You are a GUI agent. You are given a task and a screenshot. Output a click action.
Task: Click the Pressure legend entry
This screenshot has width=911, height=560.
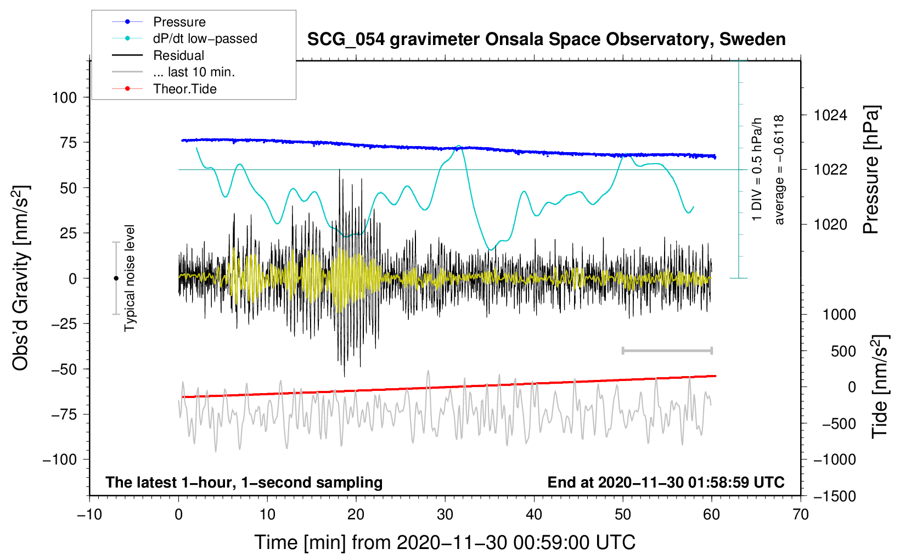tap(179, 22)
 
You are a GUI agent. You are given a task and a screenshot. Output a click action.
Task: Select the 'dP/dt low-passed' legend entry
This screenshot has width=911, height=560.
tap(205, 38)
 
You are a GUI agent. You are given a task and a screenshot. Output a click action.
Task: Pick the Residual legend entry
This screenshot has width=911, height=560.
tap(178, 55)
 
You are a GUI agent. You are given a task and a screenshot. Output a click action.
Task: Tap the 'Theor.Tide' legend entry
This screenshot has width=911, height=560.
tap(184, 89)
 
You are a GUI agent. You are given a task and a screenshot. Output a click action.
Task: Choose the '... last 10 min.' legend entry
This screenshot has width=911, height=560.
tap(194, 72)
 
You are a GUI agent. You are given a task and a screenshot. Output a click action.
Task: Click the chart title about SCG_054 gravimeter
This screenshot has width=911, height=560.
tap(546, 40)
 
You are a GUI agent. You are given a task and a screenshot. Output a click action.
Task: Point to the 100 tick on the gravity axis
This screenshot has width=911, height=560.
tap(64, 98)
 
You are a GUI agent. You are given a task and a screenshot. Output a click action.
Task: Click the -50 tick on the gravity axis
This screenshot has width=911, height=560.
tap(64, 369)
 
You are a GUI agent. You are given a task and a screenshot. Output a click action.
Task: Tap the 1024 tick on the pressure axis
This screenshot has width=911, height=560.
tap(830, 115)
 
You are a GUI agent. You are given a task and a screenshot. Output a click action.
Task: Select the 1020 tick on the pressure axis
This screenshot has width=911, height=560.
tap(830, 225)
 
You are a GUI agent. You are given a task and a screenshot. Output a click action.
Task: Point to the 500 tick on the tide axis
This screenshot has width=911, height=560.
tap(843, 351)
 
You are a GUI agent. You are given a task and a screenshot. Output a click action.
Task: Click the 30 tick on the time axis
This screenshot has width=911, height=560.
tap(445, 514)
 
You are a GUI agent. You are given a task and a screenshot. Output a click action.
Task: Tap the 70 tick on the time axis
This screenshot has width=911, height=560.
tap(801, 514)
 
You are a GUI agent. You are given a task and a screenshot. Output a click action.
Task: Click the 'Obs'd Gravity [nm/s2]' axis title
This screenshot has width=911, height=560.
tap(21, 278)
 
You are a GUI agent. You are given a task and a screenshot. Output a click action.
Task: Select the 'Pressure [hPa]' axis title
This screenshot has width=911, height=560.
tap(871, 170)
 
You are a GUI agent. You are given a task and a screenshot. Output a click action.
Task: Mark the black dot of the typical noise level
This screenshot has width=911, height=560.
tap(116, 278)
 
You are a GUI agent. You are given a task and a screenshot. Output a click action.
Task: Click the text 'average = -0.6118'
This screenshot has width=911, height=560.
tap(779, 170)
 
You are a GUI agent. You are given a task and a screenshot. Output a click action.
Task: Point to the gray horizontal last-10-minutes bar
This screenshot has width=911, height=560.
tap(667, 351)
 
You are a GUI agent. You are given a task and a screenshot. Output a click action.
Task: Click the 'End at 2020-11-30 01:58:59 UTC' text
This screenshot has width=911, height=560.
tap(666, 483)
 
